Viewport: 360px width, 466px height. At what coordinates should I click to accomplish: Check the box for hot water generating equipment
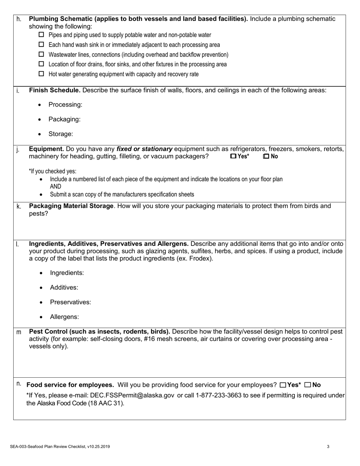pos(42,74)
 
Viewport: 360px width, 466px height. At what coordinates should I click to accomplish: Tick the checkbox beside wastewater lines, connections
pos(42,55)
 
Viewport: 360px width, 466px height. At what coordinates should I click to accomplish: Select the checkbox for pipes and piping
pos(42,35)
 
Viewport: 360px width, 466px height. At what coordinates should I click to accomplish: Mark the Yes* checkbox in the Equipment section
pos(233,156)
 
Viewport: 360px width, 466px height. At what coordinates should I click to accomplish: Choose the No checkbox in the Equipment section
pos(266,156)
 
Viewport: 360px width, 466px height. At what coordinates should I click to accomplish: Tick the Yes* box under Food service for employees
pos(283,385)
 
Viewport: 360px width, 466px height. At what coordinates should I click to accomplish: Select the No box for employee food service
pos(308,385)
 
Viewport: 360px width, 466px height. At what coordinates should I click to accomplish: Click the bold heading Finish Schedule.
pos(55,90)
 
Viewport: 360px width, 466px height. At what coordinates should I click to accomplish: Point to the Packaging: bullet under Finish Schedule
pos(64,119)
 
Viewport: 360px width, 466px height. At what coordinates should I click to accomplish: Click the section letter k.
pos(19,206)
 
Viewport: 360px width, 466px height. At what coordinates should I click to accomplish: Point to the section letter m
pos(19,332)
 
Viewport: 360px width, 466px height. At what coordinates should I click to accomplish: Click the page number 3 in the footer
pos(328,447)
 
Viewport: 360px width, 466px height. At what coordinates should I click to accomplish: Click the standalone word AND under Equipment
pos(55,186)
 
